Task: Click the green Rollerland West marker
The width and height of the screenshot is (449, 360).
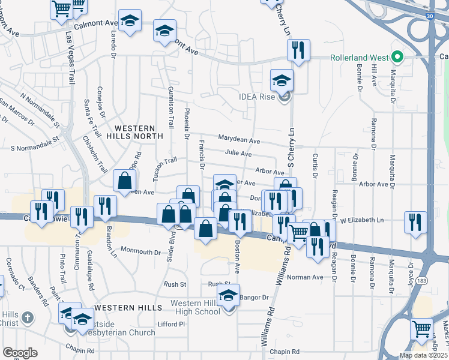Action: click(397, 58)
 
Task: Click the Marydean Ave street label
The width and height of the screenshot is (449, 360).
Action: click(238, 141)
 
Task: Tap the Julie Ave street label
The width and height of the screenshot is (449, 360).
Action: click(238, 154)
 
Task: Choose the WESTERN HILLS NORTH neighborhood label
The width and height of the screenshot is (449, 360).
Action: click(135, 132)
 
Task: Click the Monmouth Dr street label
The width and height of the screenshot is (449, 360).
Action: click(141, 253)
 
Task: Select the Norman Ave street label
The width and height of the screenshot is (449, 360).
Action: click(305, 277)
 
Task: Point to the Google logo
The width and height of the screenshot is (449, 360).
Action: click(19, 353)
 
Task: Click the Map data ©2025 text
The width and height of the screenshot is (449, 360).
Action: click(423, 355)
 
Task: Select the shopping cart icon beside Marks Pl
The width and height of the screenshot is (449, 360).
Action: click(422, 328)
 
